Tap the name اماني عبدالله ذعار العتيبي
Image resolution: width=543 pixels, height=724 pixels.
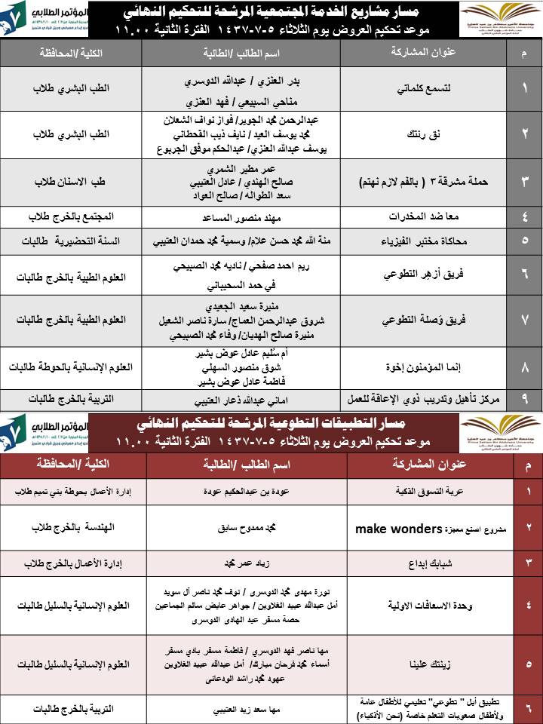(x=237, y=399)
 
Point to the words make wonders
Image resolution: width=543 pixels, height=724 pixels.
(x=397, y=529)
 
